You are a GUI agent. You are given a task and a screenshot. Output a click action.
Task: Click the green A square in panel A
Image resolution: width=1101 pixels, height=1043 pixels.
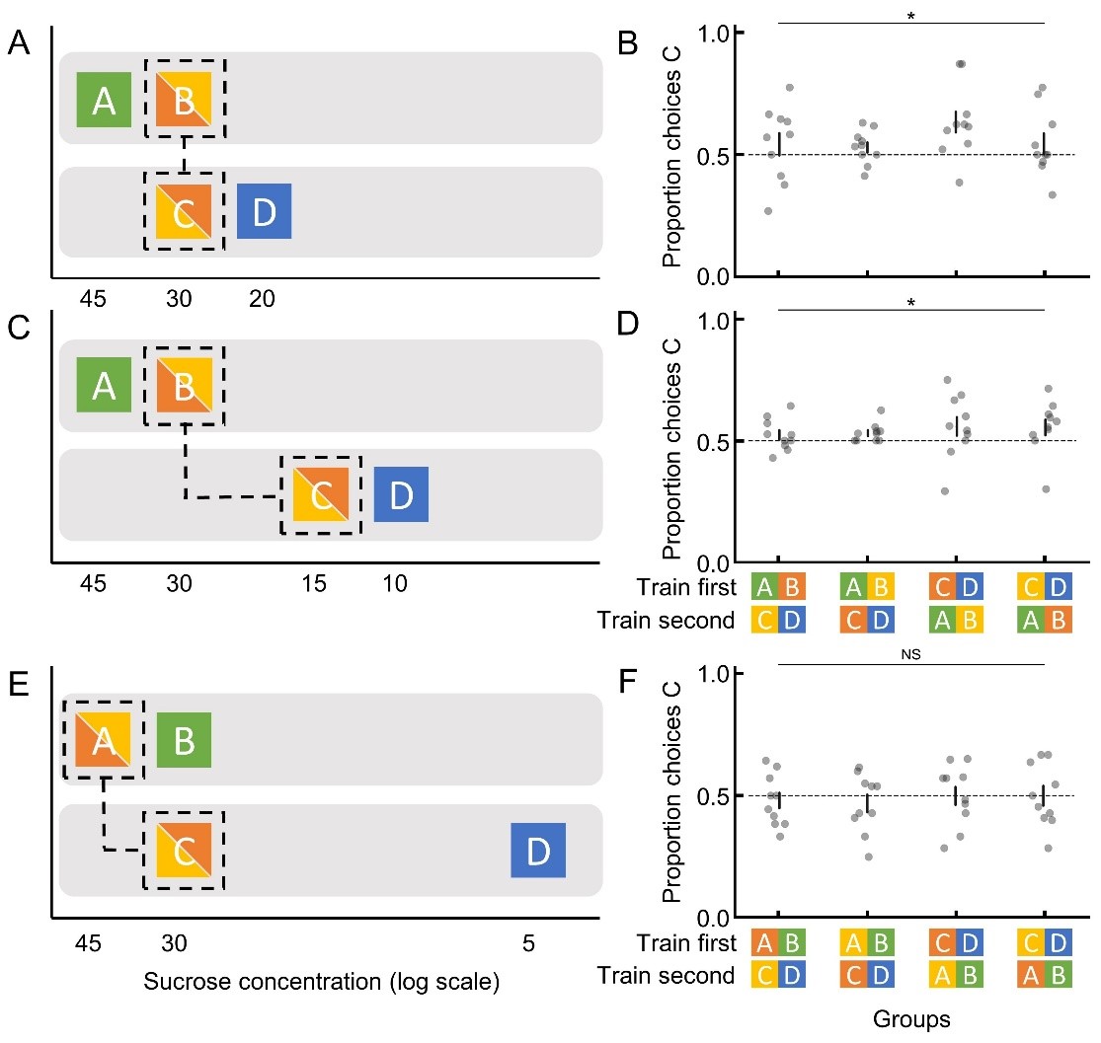(104, 100)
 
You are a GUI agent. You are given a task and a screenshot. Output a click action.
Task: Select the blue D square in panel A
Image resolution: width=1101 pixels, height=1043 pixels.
(264, 211)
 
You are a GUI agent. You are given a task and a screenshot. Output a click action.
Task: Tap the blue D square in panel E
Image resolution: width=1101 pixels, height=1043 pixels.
(537, 851)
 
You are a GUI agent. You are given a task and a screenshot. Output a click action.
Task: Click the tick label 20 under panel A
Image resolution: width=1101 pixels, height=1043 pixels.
(258, 298)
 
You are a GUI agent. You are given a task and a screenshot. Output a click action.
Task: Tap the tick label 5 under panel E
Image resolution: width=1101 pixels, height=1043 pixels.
(529, 943)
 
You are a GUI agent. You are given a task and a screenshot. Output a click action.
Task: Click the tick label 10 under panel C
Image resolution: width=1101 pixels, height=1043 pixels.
(394, 584)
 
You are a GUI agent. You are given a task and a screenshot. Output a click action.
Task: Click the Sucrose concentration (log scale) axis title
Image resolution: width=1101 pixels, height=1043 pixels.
(321, 983)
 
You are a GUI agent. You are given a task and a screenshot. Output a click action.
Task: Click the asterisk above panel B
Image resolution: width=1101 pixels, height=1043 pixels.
(910, 16)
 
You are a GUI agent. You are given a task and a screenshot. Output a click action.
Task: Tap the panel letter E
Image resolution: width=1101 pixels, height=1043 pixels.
(16, 682)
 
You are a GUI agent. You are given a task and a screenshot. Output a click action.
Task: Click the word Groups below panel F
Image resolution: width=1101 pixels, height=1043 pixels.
(911, 1020)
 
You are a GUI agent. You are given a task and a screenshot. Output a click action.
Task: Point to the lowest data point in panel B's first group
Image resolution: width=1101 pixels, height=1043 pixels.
(769, 211)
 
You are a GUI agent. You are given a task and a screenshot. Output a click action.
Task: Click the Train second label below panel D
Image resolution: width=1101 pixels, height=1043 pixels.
(667, 621)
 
